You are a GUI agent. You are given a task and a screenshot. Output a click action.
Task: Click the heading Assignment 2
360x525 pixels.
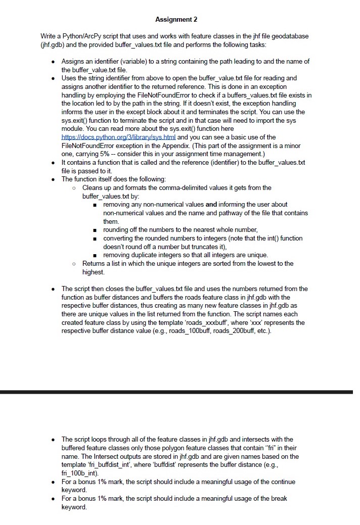click(176, 20)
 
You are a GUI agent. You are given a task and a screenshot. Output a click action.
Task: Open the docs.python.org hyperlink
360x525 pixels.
click(118, 137)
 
